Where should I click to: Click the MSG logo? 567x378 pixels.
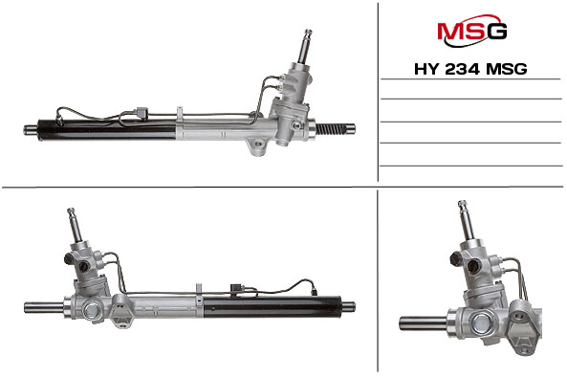click(x=471, y=31)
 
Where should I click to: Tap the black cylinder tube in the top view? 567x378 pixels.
click(x=107, y=130)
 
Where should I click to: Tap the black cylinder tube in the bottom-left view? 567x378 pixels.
click(x=273, y=307)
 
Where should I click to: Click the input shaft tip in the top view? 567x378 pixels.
click(x=308, y=33)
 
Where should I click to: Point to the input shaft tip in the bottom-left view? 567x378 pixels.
click(x=71, y=211)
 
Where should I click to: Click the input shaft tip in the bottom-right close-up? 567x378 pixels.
click(x=463, y=205)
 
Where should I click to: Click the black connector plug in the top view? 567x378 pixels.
click(x=142, y=113)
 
